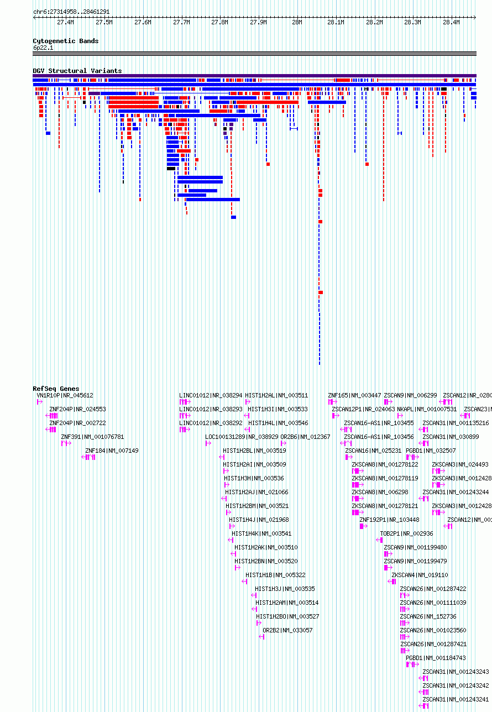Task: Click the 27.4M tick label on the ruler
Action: tap(65, 22)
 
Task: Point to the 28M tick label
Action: tap(297, 22)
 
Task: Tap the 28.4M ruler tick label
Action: tap(451, 22)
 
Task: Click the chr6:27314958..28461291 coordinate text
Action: tap(71, 12)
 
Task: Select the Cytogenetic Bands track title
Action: tap(66, 41)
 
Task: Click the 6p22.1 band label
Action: tap(43, 48)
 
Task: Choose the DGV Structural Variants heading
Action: tap(77, 71)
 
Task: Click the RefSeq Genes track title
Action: tap(56, 389)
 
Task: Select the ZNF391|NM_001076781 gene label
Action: tap(92, 437)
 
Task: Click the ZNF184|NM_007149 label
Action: tap(112, 451)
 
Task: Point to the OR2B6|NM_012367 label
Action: tap(305, 437)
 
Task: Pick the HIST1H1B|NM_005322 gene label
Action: tap(275, 575)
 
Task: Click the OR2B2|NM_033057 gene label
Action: tap(287, 630)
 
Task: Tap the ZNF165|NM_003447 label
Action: tap(354, 395)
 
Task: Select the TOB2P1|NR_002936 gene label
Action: tap(406, 533)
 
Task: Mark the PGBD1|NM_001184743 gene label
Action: tap(436, 658)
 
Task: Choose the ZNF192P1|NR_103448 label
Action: tap(389, 520)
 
